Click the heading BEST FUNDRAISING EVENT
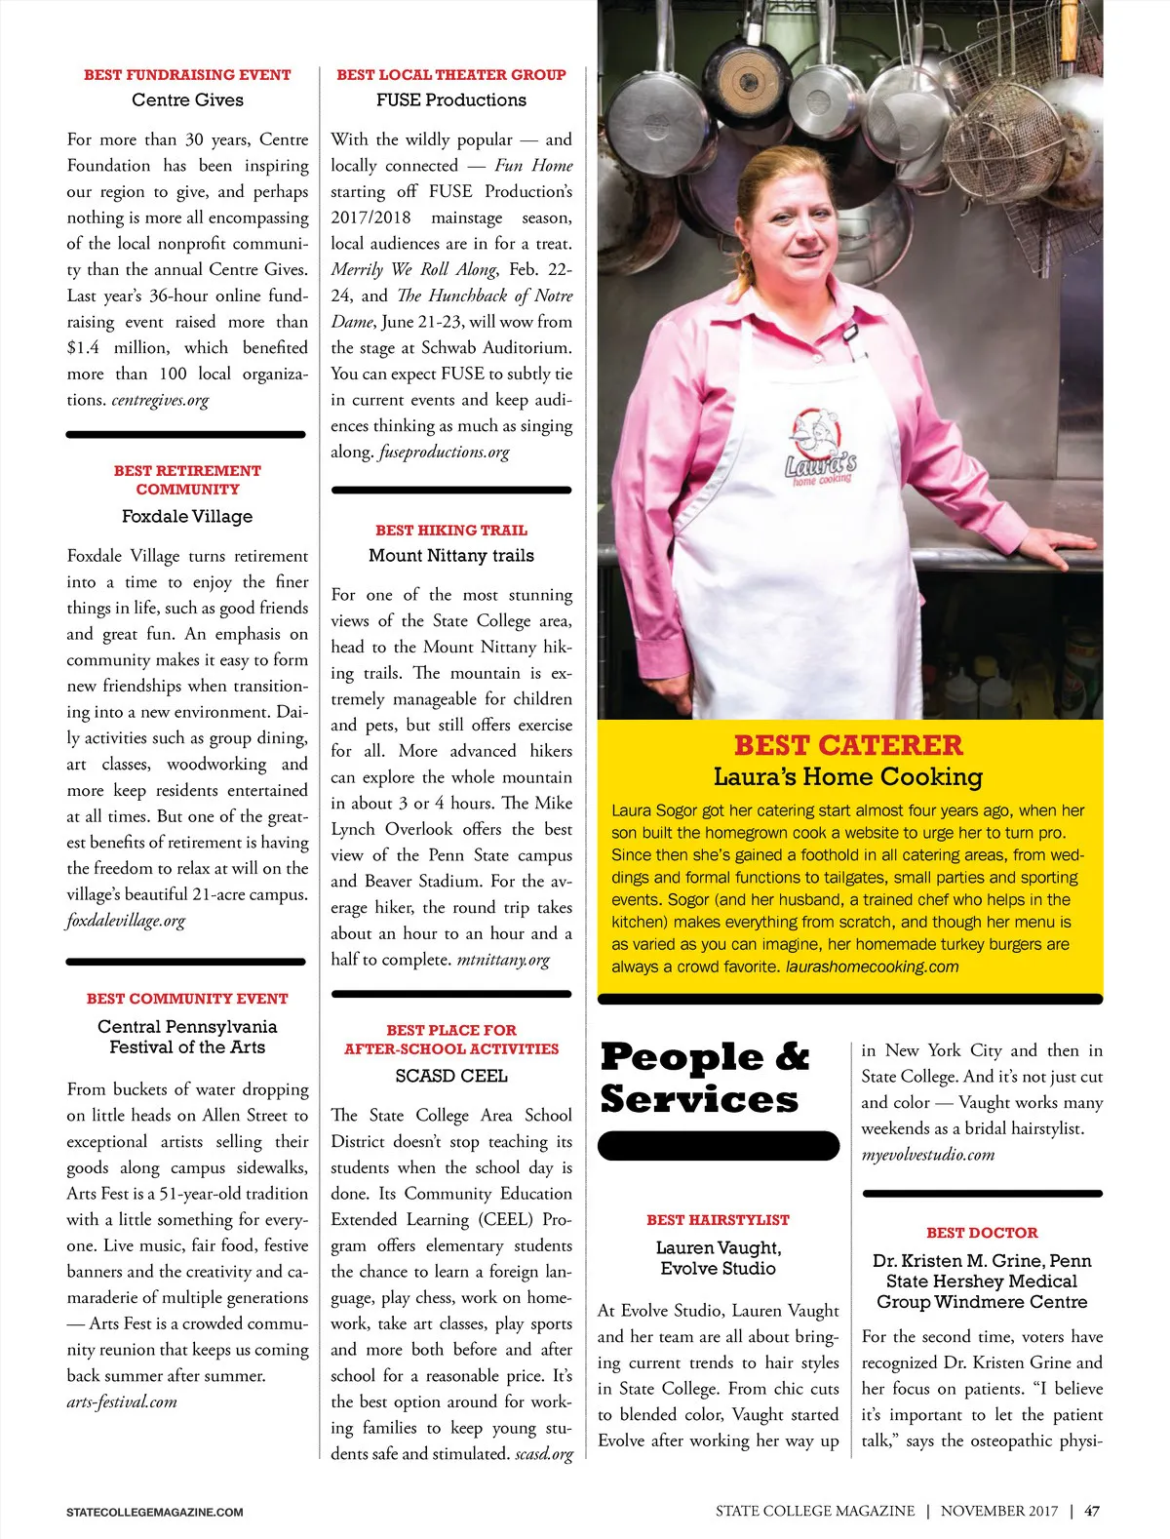(187, 75)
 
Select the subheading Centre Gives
(187, 100)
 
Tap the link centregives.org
(160, 400)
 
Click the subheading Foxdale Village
(187, 516)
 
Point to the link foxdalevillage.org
(126, 921)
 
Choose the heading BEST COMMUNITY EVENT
(187, 999)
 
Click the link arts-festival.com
(122, 1402)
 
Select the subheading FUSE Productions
(451, 100)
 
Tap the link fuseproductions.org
(444, 453)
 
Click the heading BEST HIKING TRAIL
(451, 531)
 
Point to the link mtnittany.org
(503, 960)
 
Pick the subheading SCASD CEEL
(451, 1076)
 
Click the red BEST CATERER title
(848, 746)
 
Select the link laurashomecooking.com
(872, 967)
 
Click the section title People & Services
(704, 1078)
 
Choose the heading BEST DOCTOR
(982, 1233)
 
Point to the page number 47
(1092, 1512)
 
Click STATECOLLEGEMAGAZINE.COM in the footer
(155, 1513)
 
